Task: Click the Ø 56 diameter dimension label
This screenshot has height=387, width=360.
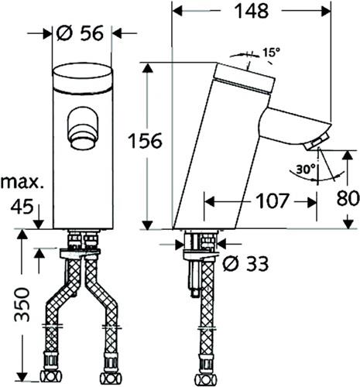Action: click(x=80, y=33)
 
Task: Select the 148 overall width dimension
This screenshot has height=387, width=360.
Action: click(x=252, y=11)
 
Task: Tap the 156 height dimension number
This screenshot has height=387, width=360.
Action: click(x=146, y=141)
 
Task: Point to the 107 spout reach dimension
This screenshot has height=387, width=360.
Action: click(x=273, y=201)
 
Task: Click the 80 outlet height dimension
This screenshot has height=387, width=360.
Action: click(x=348, y=198)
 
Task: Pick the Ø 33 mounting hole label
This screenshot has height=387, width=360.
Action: click(x=245, y=263)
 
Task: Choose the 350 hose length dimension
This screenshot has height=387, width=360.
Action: click(x=22, y=304)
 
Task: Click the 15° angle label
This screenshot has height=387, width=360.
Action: click(x=271, y=53)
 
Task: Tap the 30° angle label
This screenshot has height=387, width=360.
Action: click(x=306, y=170)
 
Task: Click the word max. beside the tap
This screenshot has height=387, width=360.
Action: click(x=22, y=183)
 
